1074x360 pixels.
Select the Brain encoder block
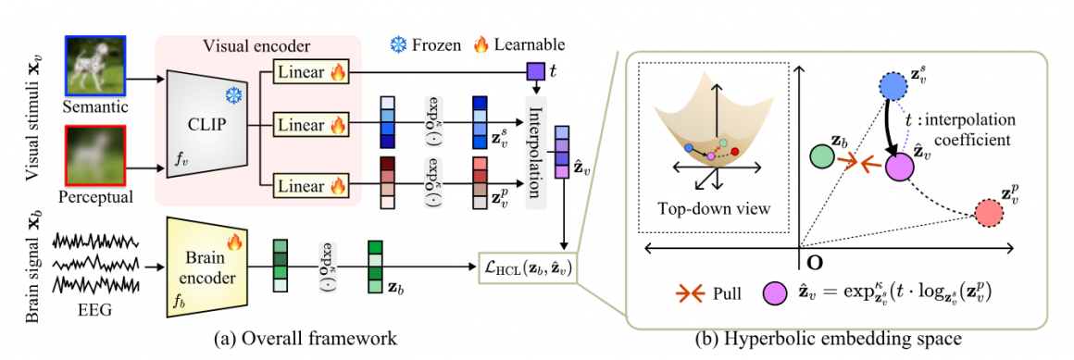click(x=206, y=256)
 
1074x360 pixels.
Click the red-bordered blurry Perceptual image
click(x=94, y=158)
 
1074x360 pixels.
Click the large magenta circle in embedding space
click(x=899, y=168)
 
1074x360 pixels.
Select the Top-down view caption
click(x=711, y=208)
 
